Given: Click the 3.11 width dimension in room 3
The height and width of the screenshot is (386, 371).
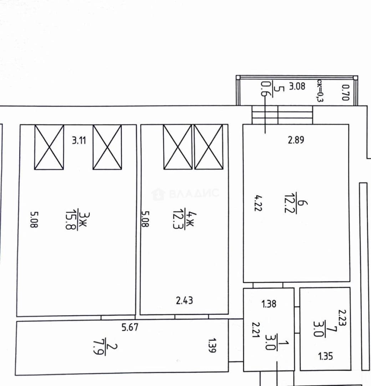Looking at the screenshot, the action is click(79, 140).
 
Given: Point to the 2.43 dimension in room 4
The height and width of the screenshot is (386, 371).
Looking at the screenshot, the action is click(184, 300).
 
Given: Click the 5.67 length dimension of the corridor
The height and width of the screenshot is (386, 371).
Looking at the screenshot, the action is click(130, 327).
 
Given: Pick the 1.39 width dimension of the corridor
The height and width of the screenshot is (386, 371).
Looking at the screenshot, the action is click(212, 345).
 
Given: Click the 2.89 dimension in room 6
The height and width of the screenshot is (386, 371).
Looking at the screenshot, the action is click(296, 140).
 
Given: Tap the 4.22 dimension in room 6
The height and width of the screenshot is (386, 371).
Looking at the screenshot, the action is click(258, 203).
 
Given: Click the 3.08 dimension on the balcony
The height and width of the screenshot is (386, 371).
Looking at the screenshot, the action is click(297, 86).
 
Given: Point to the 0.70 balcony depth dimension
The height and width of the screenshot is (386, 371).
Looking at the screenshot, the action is click(345, 93).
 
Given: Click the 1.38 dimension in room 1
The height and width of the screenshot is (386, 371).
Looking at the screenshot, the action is click(269, 304).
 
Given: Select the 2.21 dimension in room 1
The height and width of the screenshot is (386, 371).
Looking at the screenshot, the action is click(256, 330).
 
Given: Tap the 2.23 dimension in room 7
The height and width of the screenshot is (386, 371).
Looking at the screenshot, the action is click(342, 318).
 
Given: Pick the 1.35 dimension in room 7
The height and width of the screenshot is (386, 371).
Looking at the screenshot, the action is click(326, 356).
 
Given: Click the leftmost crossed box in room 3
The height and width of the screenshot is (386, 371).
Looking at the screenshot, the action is click(49, 147).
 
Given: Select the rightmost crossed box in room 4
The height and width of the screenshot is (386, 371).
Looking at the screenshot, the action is click(209, 147).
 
